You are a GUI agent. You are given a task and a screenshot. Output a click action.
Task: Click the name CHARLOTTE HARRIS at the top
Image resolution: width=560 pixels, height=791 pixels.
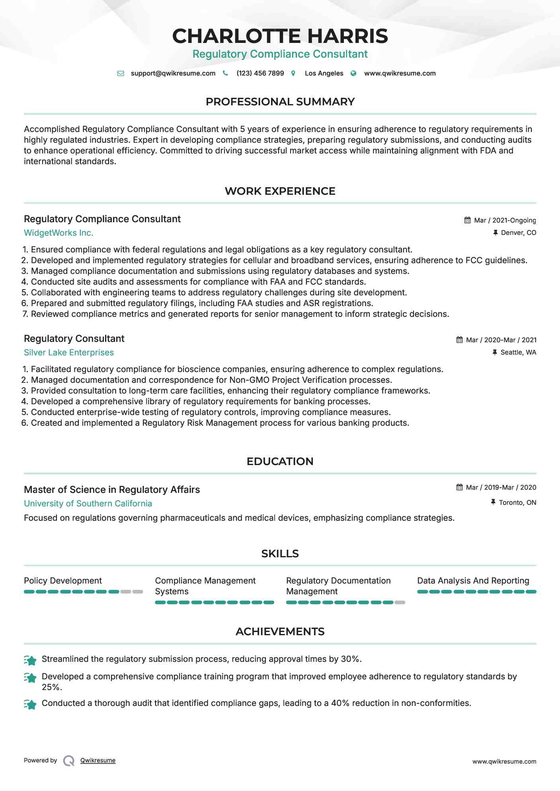tap(280, 36)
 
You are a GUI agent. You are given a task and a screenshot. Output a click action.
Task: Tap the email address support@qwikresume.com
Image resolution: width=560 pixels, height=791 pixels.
tap(173, 73)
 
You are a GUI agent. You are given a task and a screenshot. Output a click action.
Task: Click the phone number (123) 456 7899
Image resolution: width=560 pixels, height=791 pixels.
tap(260, 73)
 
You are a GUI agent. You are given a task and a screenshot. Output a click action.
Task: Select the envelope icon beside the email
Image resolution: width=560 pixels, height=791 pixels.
tap(121, 73)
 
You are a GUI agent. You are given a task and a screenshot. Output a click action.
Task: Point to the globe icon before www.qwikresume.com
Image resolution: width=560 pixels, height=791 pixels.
tap(353, 73)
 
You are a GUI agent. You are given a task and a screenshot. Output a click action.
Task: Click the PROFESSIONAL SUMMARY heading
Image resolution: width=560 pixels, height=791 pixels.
tap(280, 102)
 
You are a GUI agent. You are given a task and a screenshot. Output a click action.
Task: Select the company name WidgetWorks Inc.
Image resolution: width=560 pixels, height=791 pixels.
tap(59, 233)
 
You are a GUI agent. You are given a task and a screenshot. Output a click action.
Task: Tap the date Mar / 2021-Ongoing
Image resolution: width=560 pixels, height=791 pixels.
tap(505, 220)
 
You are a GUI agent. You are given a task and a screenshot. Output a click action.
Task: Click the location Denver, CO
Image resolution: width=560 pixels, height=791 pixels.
tap(518, 233)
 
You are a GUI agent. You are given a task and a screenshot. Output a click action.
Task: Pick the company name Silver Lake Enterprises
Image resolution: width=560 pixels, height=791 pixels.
tap(69, 353)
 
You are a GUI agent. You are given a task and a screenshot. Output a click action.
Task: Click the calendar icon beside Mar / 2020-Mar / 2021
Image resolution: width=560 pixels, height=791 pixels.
tap(459, 340)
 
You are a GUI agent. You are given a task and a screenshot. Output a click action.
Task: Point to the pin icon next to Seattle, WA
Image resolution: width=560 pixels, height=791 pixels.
tap(495, 352)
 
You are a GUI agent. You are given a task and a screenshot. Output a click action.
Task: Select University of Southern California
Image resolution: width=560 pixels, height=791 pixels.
tap(88, 504)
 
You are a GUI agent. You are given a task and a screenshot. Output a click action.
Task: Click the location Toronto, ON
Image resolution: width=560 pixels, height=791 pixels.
tap(517, 502)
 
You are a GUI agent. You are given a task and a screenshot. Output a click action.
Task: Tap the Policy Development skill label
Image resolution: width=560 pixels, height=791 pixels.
tap(63, 581)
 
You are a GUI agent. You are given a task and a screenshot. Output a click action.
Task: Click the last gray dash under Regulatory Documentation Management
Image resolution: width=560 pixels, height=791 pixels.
tap(400, 603)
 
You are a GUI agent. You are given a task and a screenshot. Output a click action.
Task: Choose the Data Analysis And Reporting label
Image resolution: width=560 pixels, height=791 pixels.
tap(473, 581)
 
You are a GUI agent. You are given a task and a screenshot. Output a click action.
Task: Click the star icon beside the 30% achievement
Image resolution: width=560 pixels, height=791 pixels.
tap(30, 660)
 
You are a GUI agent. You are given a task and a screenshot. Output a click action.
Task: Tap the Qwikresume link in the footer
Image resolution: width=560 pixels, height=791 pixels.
tap(98, 760)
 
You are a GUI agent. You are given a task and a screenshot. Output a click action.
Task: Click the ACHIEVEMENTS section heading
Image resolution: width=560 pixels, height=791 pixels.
tap(280, 632)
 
